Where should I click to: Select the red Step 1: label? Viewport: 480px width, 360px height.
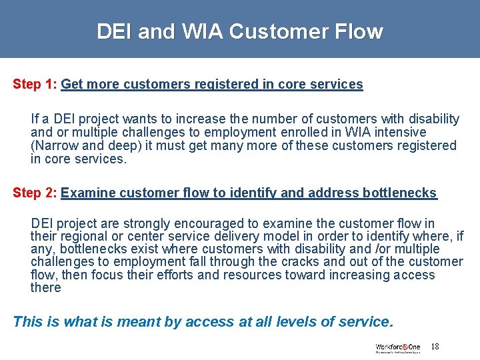pos(35,85)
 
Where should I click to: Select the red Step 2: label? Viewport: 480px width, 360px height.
pos(35,193)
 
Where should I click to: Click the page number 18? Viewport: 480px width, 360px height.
pos(435,347)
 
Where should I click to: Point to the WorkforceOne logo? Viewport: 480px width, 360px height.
pos(397,347)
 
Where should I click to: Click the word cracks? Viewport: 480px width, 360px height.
pos(303,262)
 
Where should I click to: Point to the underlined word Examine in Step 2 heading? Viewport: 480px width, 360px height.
pos(85,193)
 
